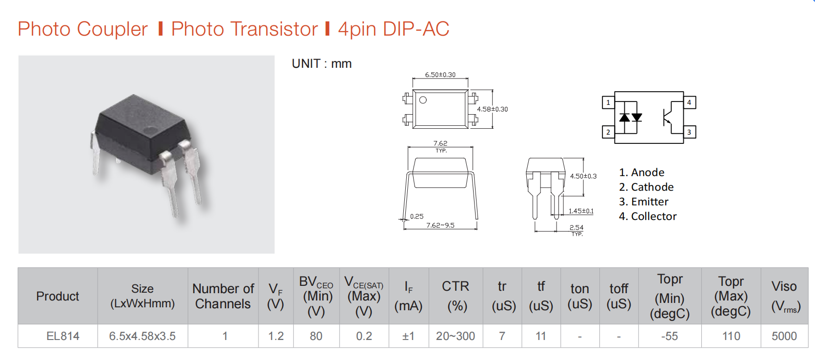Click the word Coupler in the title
pyautogui.click(x=112, y=29)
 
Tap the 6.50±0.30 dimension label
pyautogui.click(x=440, y=75)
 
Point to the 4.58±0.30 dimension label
pyautogui.click(x=492, y=109)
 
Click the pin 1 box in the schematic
pyautogui.click(x=608, y=102)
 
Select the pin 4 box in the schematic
pyautogui.click(x=690, y=102)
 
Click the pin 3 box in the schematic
pyautogui.click(x=690, y=132)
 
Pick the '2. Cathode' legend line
pyautogui.click(x=646, y=187)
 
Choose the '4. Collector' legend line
pyautogui.click(x=648, y=216)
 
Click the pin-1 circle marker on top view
pyautogui.click(x=423, y=100)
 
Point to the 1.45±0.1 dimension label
pyautogui.click(x=581, y=211)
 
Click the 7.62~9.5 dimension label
pyautogui.click(x=440, y=225)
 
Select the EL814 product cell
pyautogui.click(x=62, y=336)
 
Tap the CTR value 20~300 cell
pyautogui.click(x=456, y=336)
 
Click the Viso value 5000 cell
pyautogui.click(x=784, y=336)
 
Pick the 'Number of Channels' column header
pyautogui.click(x=223, y=296)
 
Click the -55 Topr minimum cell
pyautogui.click(x=670, y=336)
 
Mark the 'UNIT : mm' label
pyautogui.click(x=321, y=64)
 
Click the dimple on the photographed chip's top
pyautogui.click(x=150, y=130)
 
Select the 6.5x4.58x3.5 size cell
pyautogui.click(x=142, y=336)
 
